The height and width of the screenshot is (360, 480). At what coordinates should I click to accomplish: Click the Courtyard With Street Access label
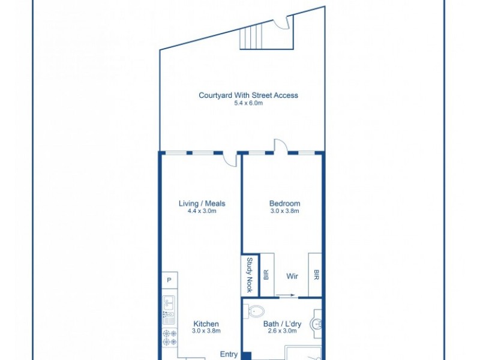pos(248,95)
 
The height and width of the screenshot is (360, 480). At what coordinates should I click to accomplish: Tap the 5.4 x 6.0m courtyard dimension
pos(248,103)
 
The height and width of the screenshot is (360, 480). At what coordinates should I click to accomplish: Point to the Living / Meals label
pos(202,203)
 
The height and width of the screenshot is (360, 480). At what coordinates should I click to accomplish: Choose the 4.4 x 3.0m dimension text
pos(202,211)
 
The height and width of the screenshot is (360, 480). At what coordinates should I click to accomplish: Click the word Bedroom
pos(284,203)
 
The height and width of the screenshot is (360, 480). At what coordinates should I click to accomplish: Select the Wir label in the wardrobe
pos(292,276)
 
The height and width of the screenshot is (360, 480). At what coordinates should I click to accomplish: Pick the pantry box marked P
pos(169,281)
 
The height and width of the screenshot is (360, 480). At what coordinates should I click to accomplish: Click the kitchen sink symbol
pos(169,307)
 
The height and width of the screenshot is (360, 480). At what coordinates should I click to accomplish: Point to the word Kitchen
pos(206,323)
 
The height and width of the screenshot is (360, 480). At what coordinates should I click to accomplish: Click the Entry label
pos(229,354)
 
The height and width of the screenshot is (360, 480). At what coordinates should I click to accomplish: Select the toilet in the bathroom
pos(255,311)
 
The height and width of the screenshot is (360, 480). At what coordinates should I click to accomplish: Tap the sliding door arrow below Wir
pos(286,295)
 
